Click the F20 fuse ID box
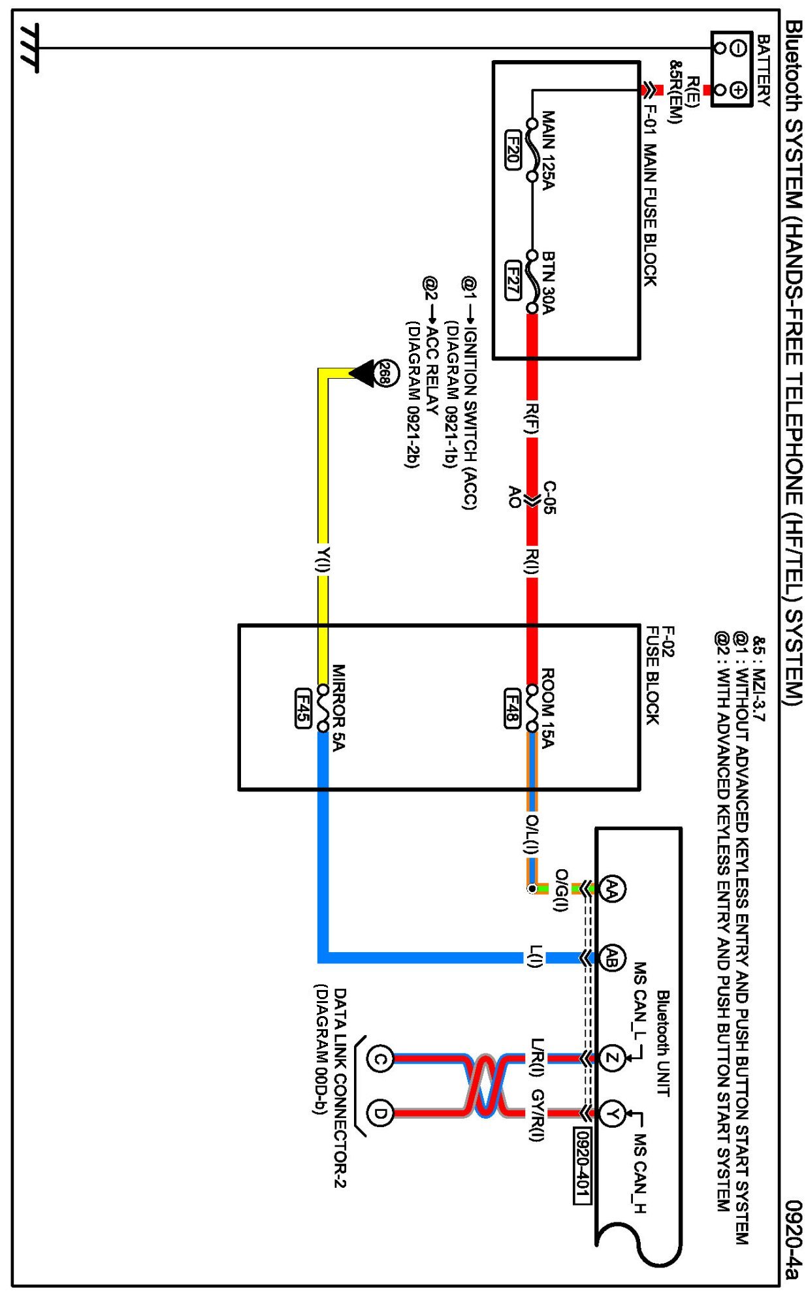[513, 150]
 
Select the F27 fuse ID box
[513, 280]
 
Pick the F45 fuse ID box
[302, 708]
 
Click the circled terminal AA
[612, 887]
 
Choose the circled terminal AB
[612, 958]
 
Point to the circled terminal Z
[612, 1059]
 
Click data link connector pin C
[379, 1059]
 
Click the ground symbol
[29, 48]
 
